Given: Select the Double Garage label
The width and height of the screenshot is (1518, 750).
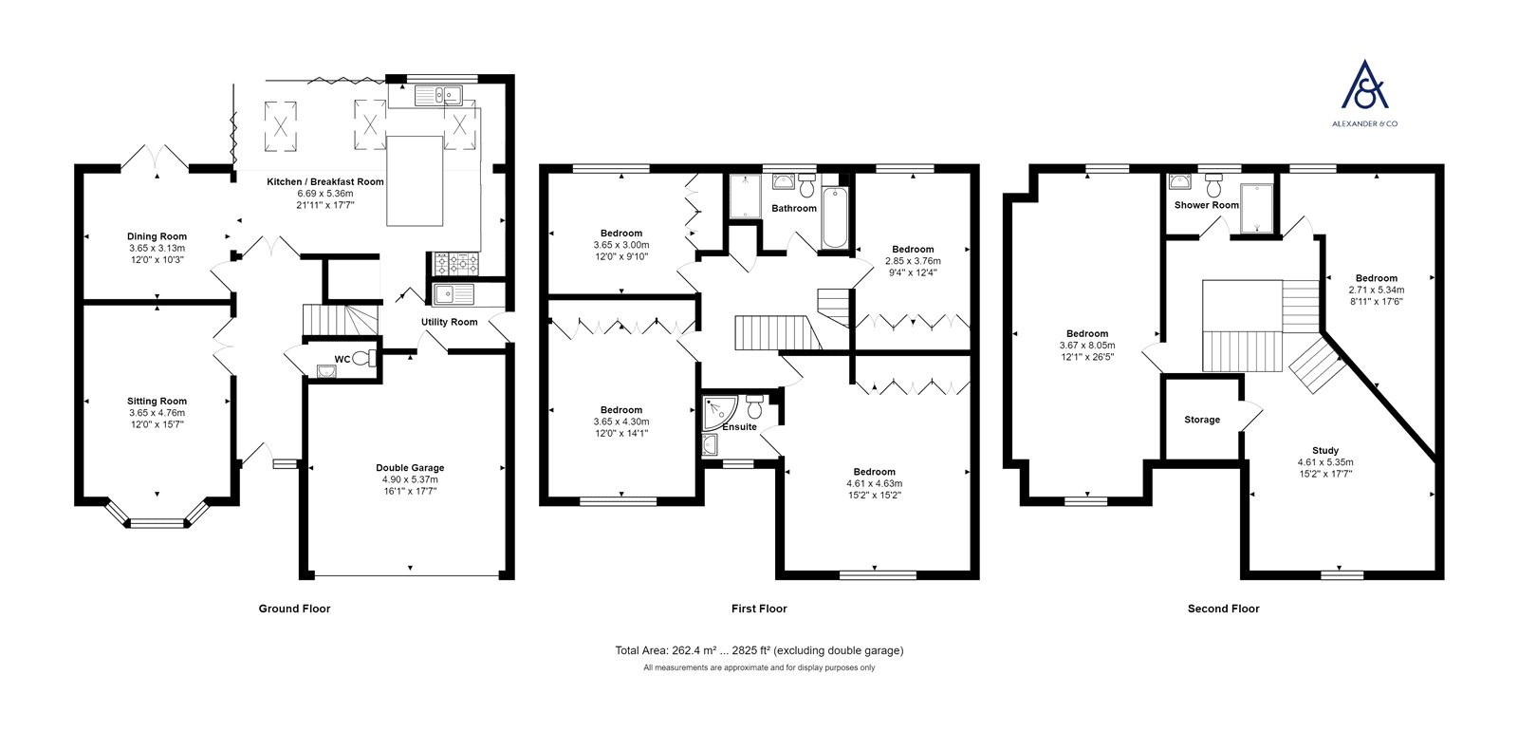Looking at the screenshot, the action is [x=410, y=468].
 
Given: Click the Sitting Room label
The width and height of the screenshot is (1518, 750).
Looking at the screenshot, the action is [x=157, y=402].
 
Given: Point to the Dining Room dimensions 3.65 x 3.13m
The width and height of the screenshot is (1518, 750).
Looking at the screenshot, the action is [x=157, y=248].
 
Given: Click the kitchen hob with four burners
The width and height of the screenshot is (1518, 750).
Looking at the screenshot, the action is [x=455, y=263].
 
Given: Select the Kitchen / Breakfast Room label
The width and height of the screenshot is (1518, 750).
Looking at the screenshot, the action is [x=325, y=181].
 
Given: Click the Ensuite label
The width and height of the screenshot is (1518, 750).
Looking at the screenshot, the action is [x=739, y=427].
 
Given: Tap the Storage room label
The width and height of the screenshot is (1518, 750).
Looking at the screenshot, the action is [x=1202, y=420].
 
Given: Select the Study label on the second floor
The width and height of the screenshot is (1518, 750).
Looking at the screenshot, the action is [x=1325, y=450].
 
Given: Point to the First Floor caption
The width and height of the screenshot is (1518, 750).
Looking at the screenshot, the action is [x=759, y=609].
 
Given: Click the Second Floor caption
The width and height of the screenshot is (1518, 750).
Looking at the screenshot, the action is [x=1223, y=609].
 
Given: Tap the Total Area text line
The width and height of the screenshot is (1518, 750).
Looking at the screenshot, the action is [x=759, y=650].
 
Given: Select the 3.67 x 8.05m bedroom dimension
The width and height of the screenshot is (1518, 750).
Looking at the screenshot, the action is [x=1087, y=346].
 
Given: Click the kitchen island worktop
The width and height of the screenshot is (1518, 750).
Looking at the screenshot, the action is [x=415, y=180].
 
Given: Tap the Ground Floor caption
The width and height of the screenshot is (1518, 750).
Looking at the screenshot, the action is [x=294, y=609].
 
